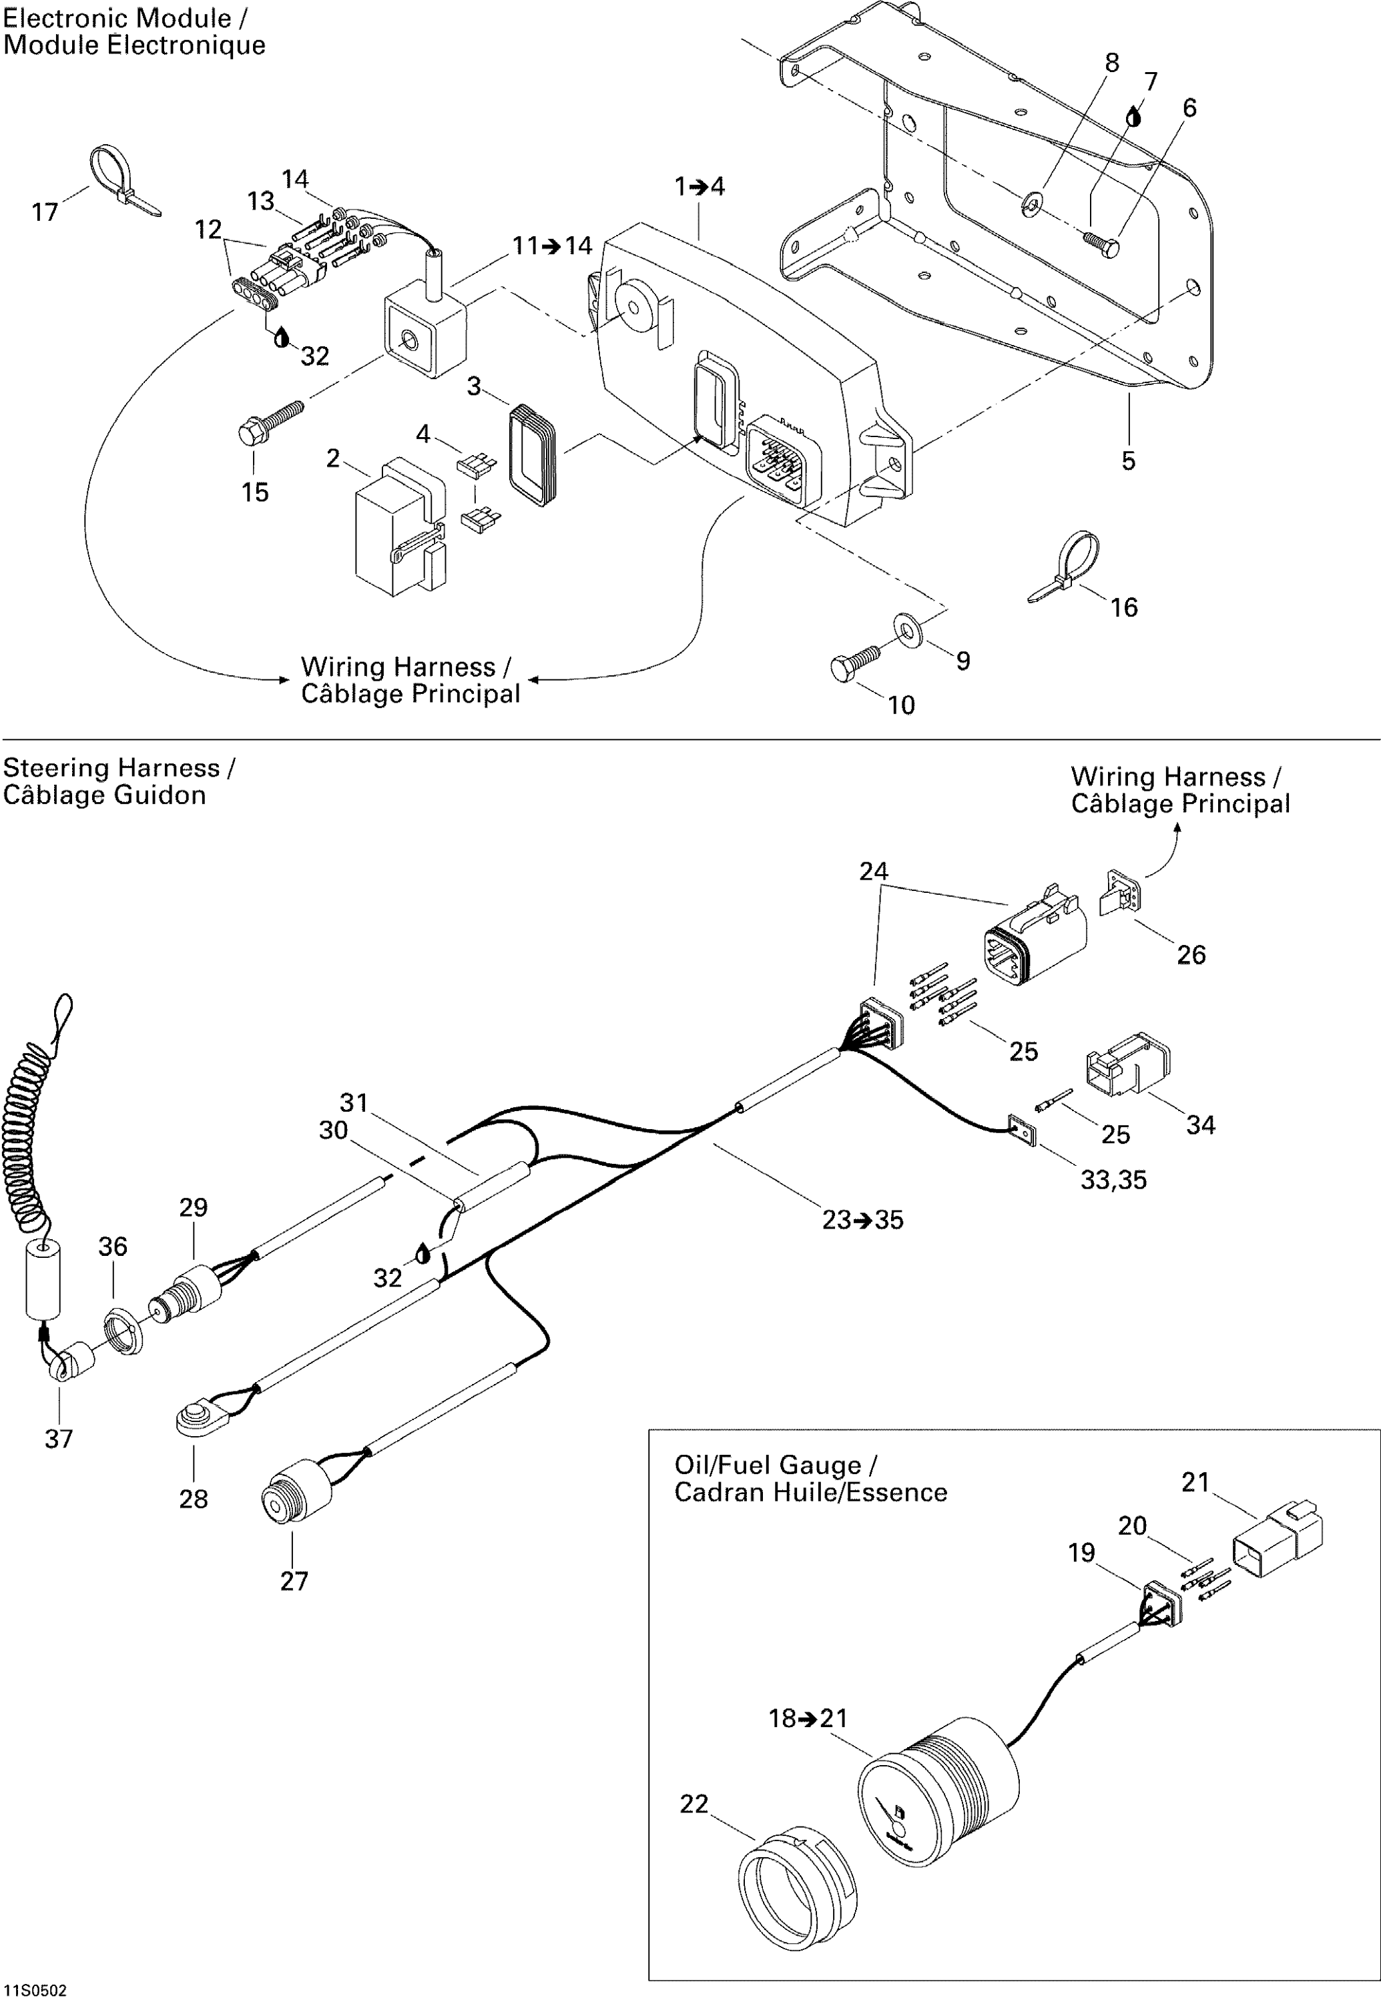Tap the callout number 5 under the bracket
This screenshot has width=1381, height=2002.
click(1128, 460)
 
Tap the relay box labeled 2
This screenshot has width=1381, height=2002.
click(400, 527)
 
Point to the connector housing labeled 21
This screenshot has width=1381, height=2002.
click(1277, 1537)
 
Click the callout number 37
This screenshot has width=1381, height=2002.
click(59, 1439)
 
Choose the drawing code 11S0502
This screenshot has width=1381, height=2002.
click(35, 1991)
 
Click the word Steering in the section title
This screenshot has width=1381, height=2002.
click(55, 769)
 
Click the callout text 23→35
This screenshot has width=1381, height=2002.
click(862, 1221)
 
